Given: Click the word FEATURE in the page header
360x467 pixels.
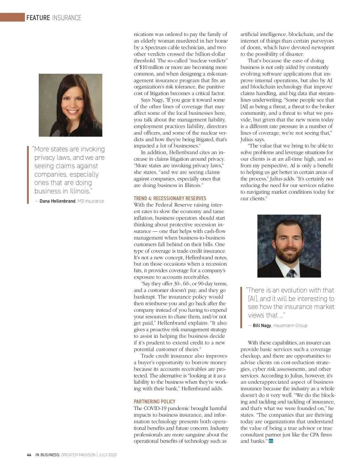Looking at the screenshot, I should [x=38, y=18].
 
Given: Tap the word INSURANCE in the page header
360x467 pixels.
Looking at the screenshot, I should [x=67, y=18].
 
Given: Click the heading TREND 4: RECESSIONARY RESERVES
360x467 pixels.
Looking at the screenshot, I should [x=170, y=198].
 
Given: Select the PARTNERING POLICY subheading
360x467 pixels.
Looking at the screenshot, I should [x=154, y=401].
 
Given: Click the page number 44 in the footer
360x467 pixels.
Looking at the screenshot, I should [x=29, y=455].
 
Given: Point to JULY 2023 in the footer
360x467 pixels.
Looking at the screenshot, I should [x=107, y=455].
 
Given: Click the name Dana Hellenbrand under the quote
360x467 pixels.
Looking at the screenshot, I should [x=57, y=201].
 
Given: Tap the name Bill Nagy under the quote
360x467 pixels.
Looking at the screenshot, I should [x=262, y=325].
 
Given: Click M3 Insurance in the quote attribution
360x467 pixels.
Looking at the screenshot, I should [x=91, y=201].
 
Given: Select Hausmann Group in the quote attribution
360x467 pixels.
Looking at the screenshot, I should [x=290, y=325].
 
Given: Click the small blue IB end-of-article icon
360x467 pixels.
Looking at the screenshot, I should [x=271, y=441].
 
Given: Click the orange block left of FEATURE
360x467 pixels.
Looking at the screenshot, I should [x=12, y=17].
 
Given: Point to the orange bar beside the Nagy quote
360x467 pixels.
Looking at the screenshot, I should [x=241, y=308].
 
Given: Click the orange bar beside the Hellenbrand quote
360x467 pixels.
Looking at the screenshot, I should [x=28, y=175].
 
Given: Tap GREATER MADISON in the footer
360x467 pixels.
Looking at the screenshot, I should [x=78, y=455].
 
